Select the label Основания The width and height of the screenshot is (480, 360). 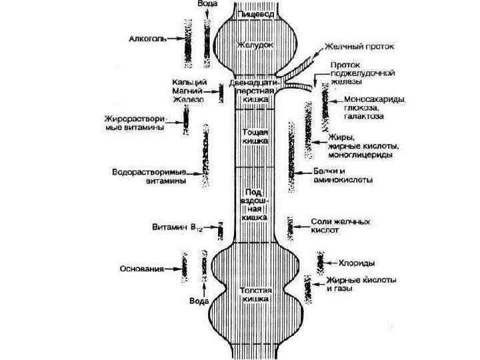pos(141,269)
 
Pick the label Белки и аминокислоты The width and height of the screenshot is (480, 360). pos(343,175)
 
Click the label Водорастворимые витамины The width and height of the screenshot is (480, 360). pos(148,175)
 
